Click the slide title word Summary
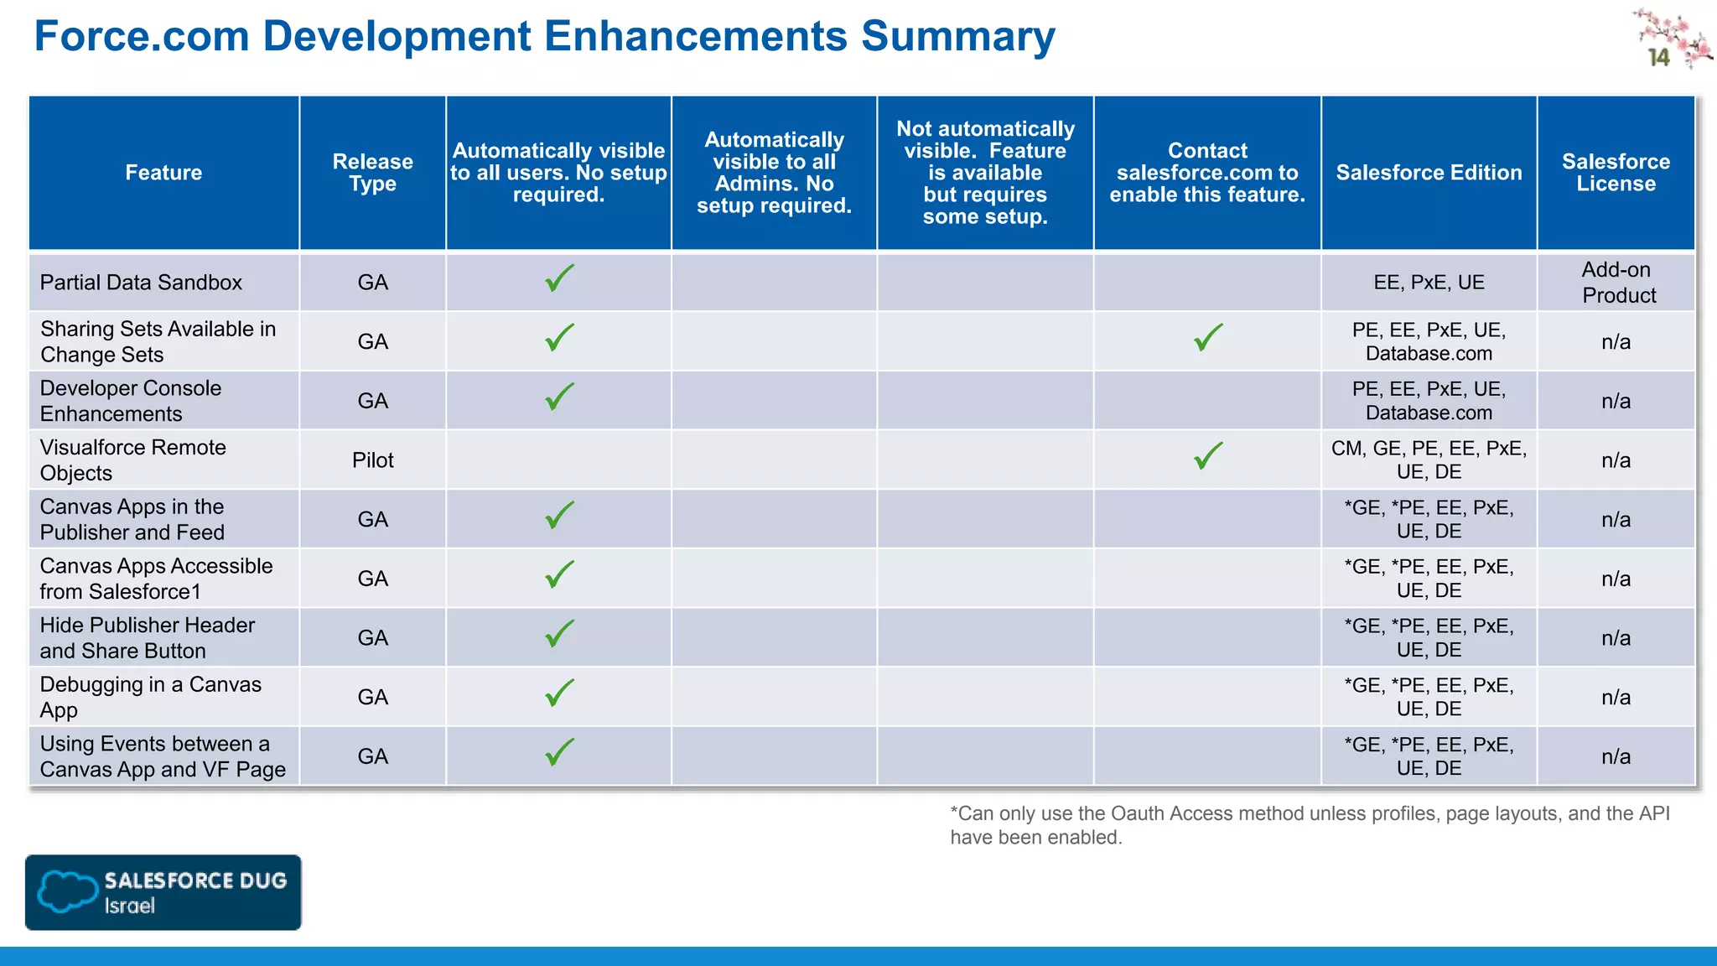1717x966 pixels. coord(957,37)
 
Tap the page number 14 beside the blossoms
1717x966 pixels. coord(1658,58)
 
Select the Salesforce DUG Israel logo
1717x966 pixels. coord(163,892)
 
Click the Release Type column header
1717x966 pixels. coord(372,173)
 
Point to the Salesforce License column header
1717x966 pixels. coord(1616,173)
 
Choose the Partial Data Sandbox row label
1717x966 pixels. coord(141,283)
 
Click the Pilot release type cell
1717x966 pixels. coord(372,460)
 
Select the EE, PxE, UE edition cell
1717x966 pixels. coord(1429,283)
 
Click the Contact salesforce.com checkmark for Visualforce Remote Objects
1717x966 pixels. coord(1208,456)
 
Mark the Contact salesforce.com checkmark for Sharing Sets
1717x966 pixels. coord(1208,338)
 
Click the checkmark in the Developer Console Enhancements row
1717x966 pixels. coord(559,397)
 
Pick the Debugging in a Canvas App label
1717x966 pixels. coord(151,697)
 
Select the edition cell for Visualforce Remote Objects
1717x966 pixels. coord(1429,460)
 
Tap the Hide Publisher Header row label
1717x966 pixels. coord(148,638)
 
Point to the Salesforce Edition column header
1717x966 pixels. coord(1429,173)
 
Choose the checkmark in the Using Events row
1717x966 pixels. coord(559,752)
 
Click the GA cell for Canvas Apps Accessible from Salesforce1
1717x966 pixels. coord(372,579)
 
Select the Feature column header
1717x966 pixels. coord(163,173)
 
